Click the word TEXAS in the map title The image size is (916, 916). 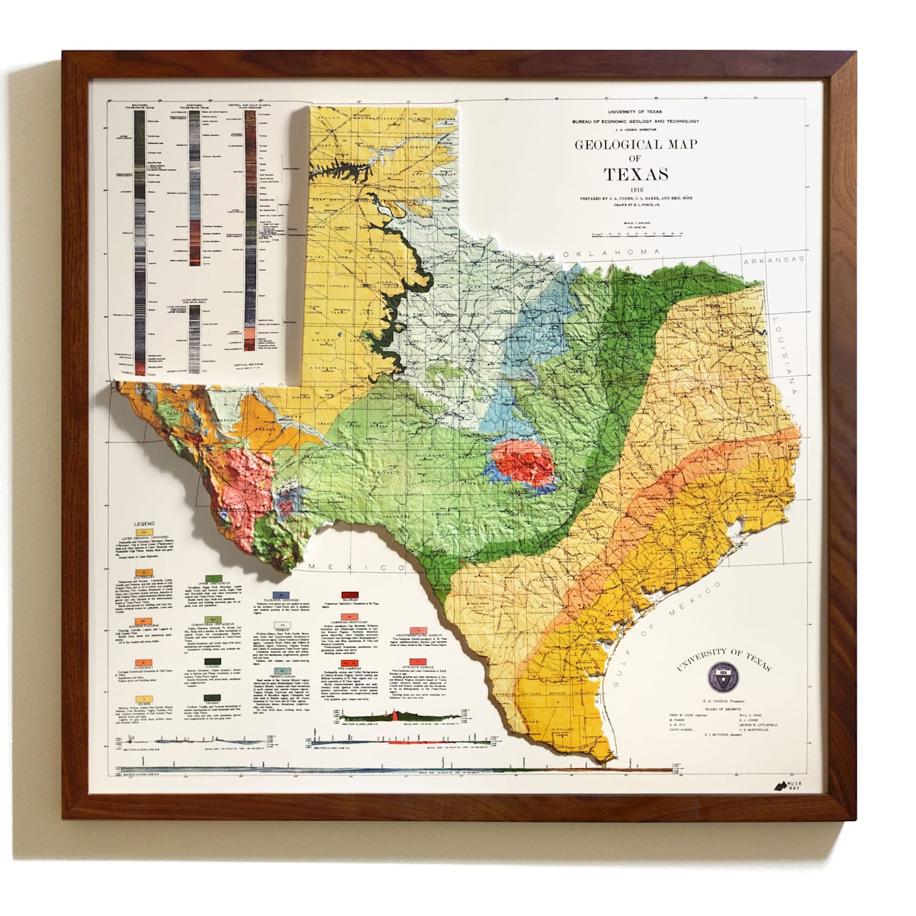[636, 174]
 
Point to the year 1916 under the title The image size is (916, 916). [636, 189]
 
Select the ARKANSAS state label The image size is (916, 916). [775, 260]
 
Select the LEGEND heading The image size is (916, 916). [144, 524]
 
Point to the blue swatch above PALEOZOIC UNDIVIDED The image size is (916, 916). [281, 594]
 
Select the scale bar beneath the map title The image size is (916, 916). [636, 232]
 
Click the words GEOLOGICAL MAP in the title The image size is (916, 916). [636, 145]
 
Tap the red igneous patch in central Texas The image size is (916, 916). [523, 463]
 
